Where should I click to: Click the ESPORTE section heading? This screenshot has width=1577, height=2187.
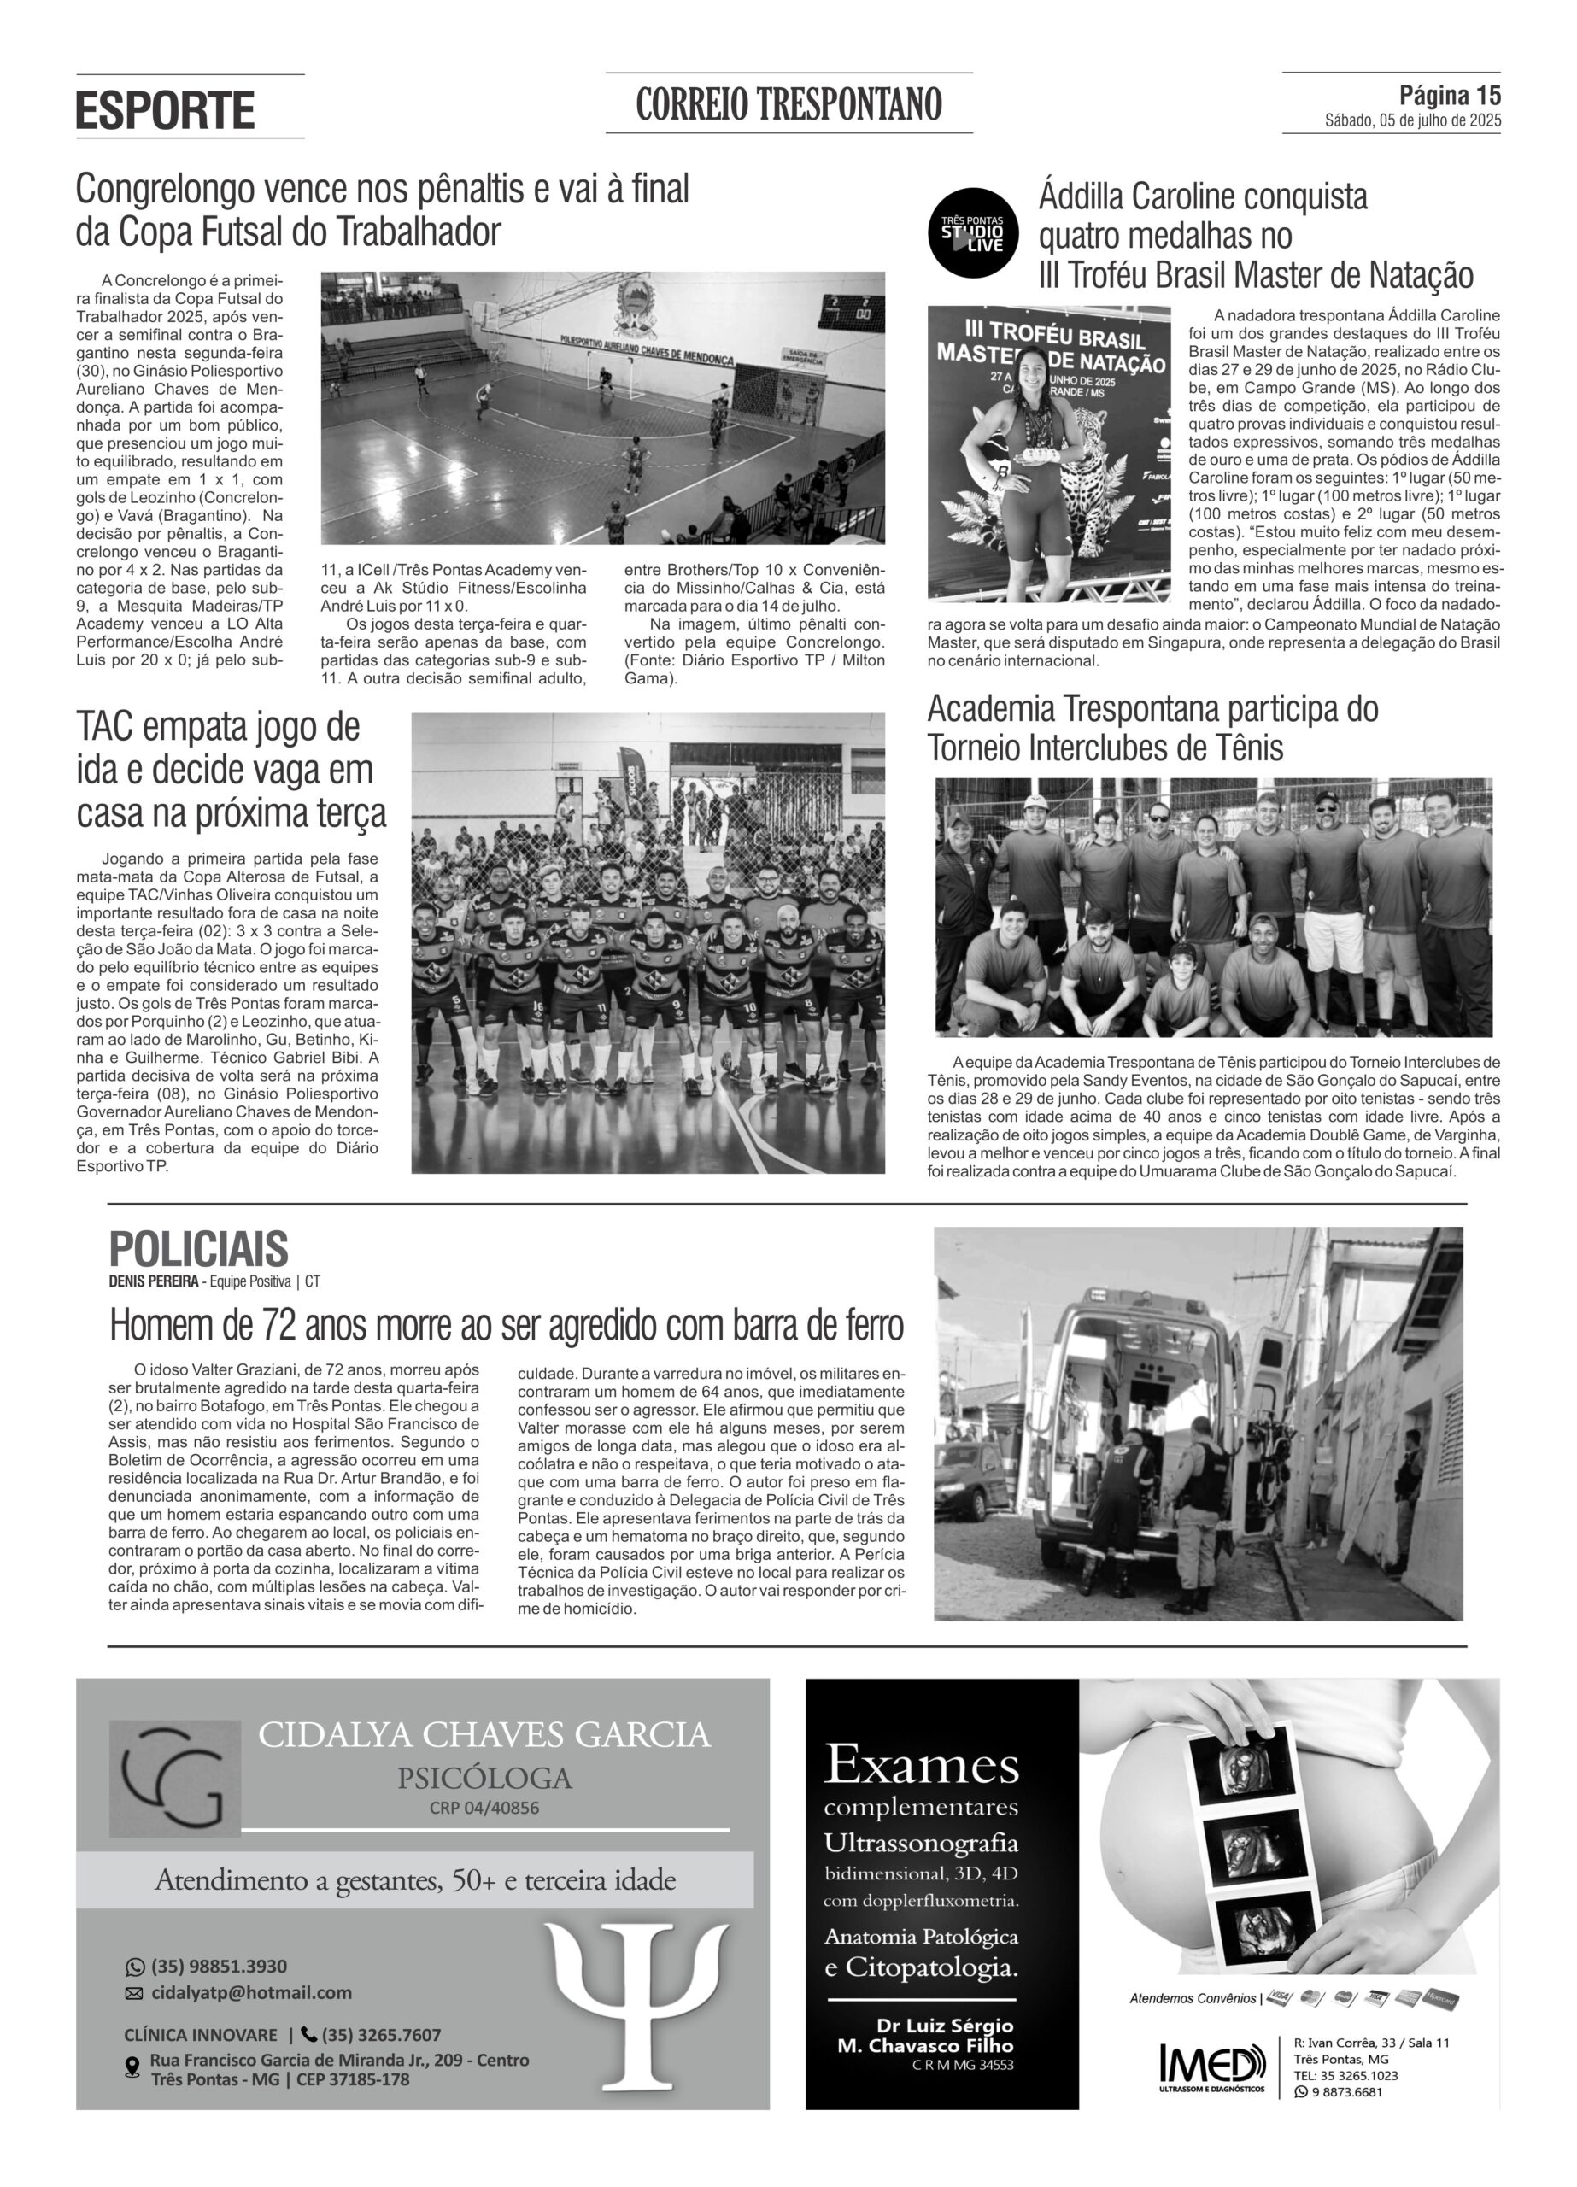tap(165, 110)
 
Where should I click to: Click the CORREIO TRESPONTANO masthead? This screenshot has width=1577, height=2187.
tap(788, 104)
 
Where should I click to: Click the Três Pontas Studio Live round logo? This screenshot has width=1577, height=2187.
tap(972, 232)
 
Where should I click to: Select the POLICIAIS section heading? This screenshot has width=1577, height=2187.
tap(199, 1249)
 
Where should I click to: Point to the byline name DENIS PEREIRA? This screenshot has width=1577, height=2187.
tap(154, 1281)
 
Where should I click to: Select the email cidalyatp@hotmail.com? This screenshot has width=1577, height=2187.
tap(251, 1992)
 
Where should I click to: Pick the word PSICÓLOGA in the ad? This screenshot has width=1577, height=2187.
tap(484, 1777)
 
